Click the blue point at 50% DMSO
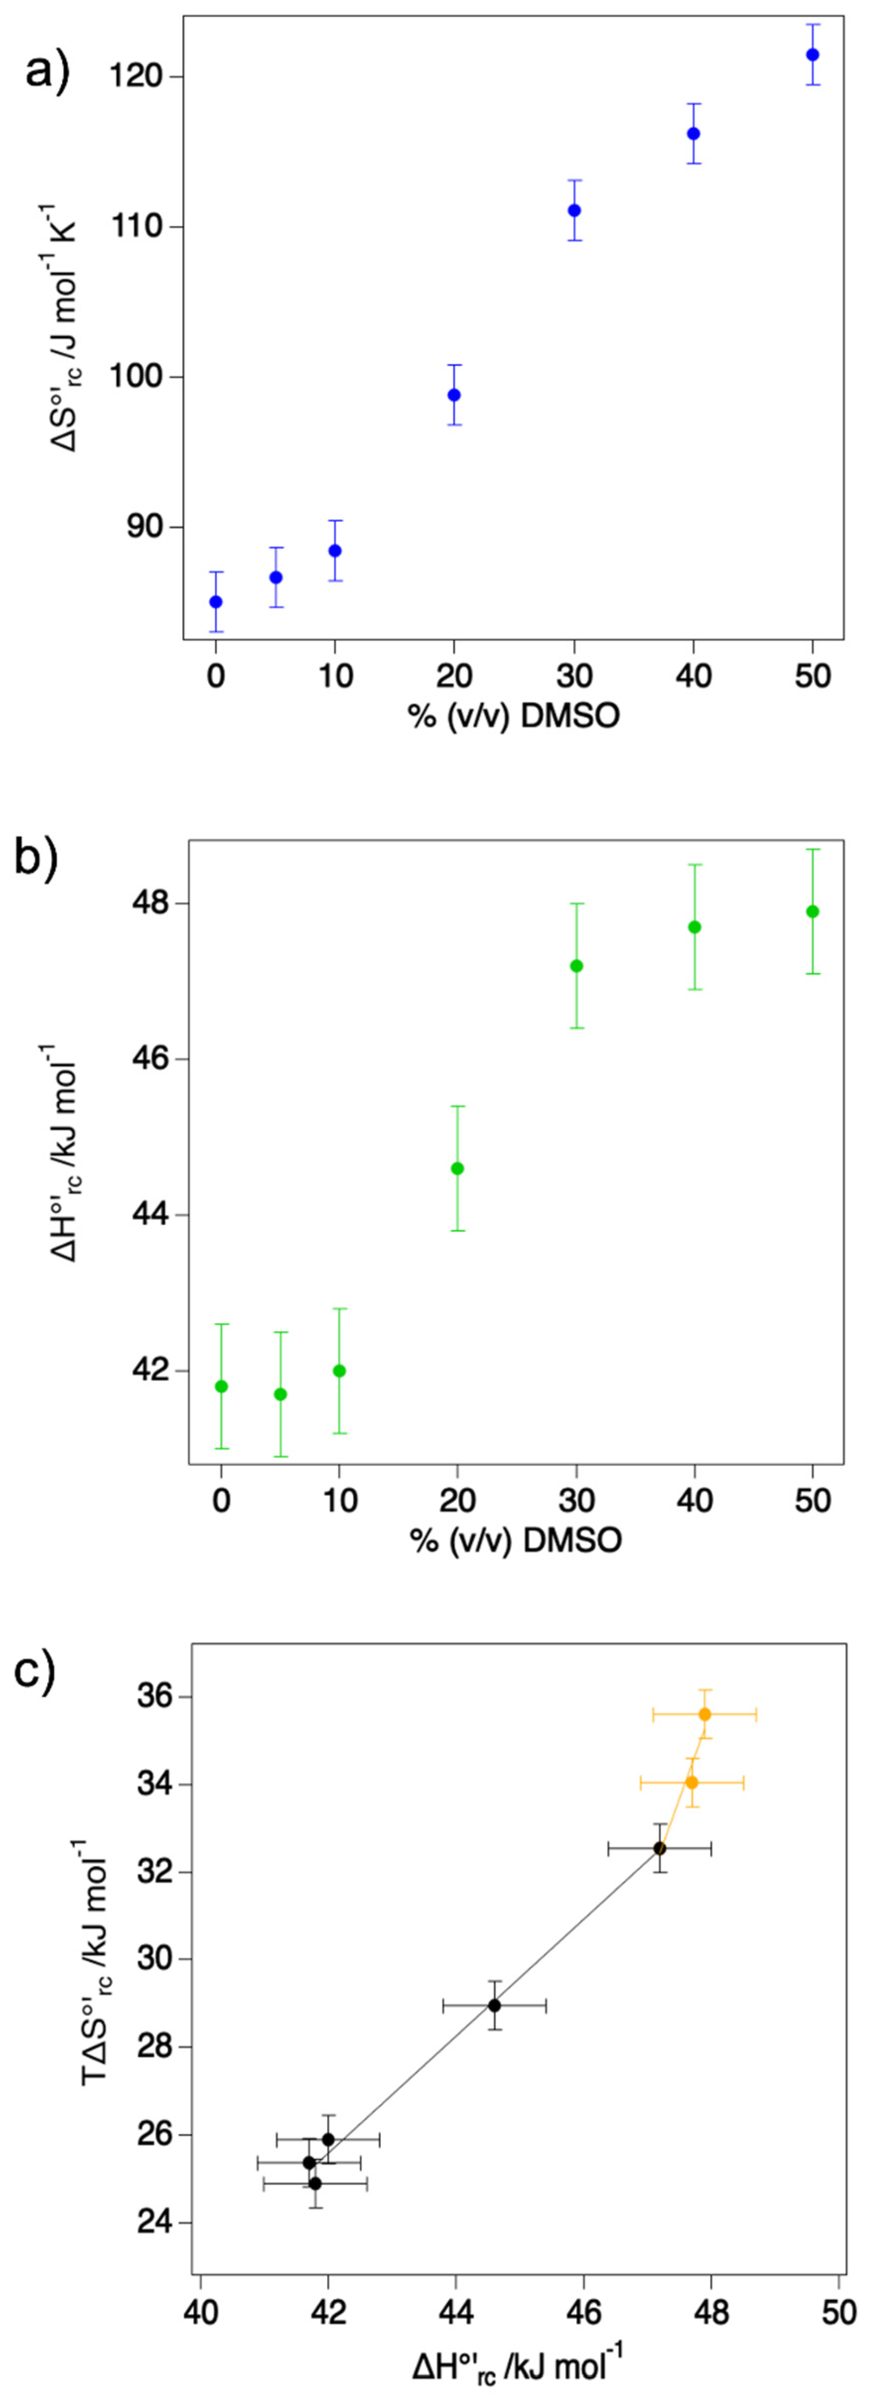pyautogui.click(x=812, y=55)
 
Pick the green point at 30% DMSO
pyautogui.click(x=576, y=966)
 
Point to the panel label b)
pyautogui.click(x=37, y=859)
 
